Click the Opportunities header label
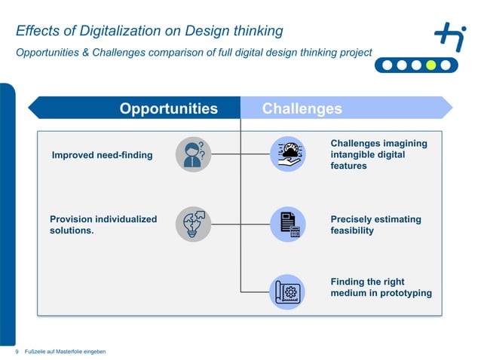(168, 108)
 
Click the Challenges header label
(302, 108)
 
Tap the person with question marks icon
(193, 154)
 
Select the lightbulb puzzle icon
(193, 224)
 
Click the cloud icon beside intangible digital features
(287, 154)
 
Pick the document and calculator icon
(287, 224)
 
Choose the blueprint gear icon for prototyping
(287, 291)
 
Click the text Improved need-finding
(102, 155)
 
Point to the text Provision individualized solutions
(103, 224)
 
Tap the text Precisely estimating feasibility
(375, 224)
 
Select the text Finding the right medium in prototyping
(381, 287)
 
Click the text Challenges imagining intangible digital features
(378, 154)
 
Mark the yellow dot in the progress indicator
(430, 65)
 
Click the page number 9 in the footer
(17, 352)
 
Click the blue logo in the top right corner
(450, 36)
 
